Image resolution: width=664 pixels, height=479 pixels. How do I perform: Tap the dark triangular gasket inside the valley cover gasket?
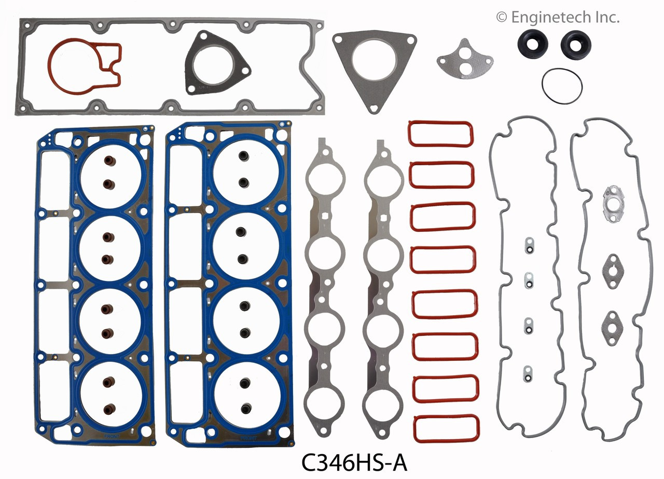pos(215,65)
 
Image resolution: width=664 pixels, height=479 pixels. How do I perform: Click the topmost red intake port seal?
pos(440,134)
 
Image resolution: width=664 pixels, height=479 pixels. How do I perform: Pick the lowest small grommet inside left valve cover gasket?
pos(528,371)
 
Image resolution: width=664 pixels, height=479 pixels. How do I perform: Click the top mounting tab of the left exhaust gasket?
pos(323,144)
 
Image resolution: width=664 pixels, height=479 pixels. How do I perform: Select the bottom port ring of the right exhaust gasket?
pos(383,405)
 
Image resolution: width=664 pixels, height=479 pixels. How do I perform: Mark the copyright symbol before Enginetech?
pos(501,18)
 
